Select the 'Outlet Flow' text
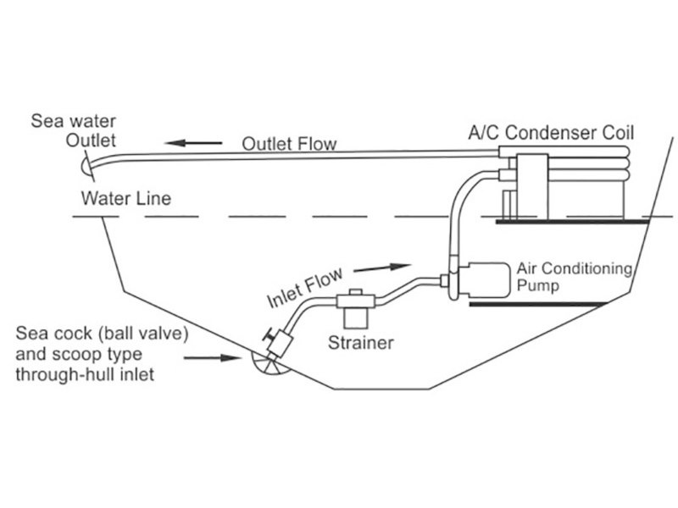pyautogui.click(x=289, y=144)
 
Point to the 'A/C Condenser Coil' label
pyautogui.click(x=552, y=133)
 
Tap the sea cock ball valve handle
pyautogui.click(x=264, y=335)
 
